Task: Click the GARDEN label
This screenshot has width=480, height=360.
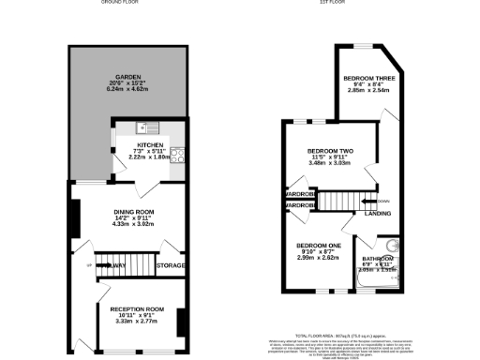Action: [x=128, y=76]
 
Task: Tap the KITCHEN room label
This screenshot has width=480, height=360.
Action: [x=149, y=144]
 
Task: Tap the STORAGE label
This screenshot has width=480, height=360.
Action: [x=170, y=266]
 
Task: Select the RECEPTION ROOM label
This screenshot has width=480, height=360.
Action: [x=137, y=308]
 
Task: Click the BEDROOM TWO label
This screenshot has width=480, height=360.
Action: [x=329, y=150]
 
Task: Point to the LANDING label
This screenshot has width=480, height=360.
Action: [x=366, y=214]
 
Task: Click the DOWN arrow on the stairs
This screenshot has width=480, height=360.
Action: [x=380, y=201]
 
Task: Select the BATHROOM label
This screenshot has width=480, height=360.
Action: [x=377, y=258]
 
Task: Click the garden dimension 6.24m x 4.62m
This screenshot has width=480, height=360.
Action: [x=128, y=89]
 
